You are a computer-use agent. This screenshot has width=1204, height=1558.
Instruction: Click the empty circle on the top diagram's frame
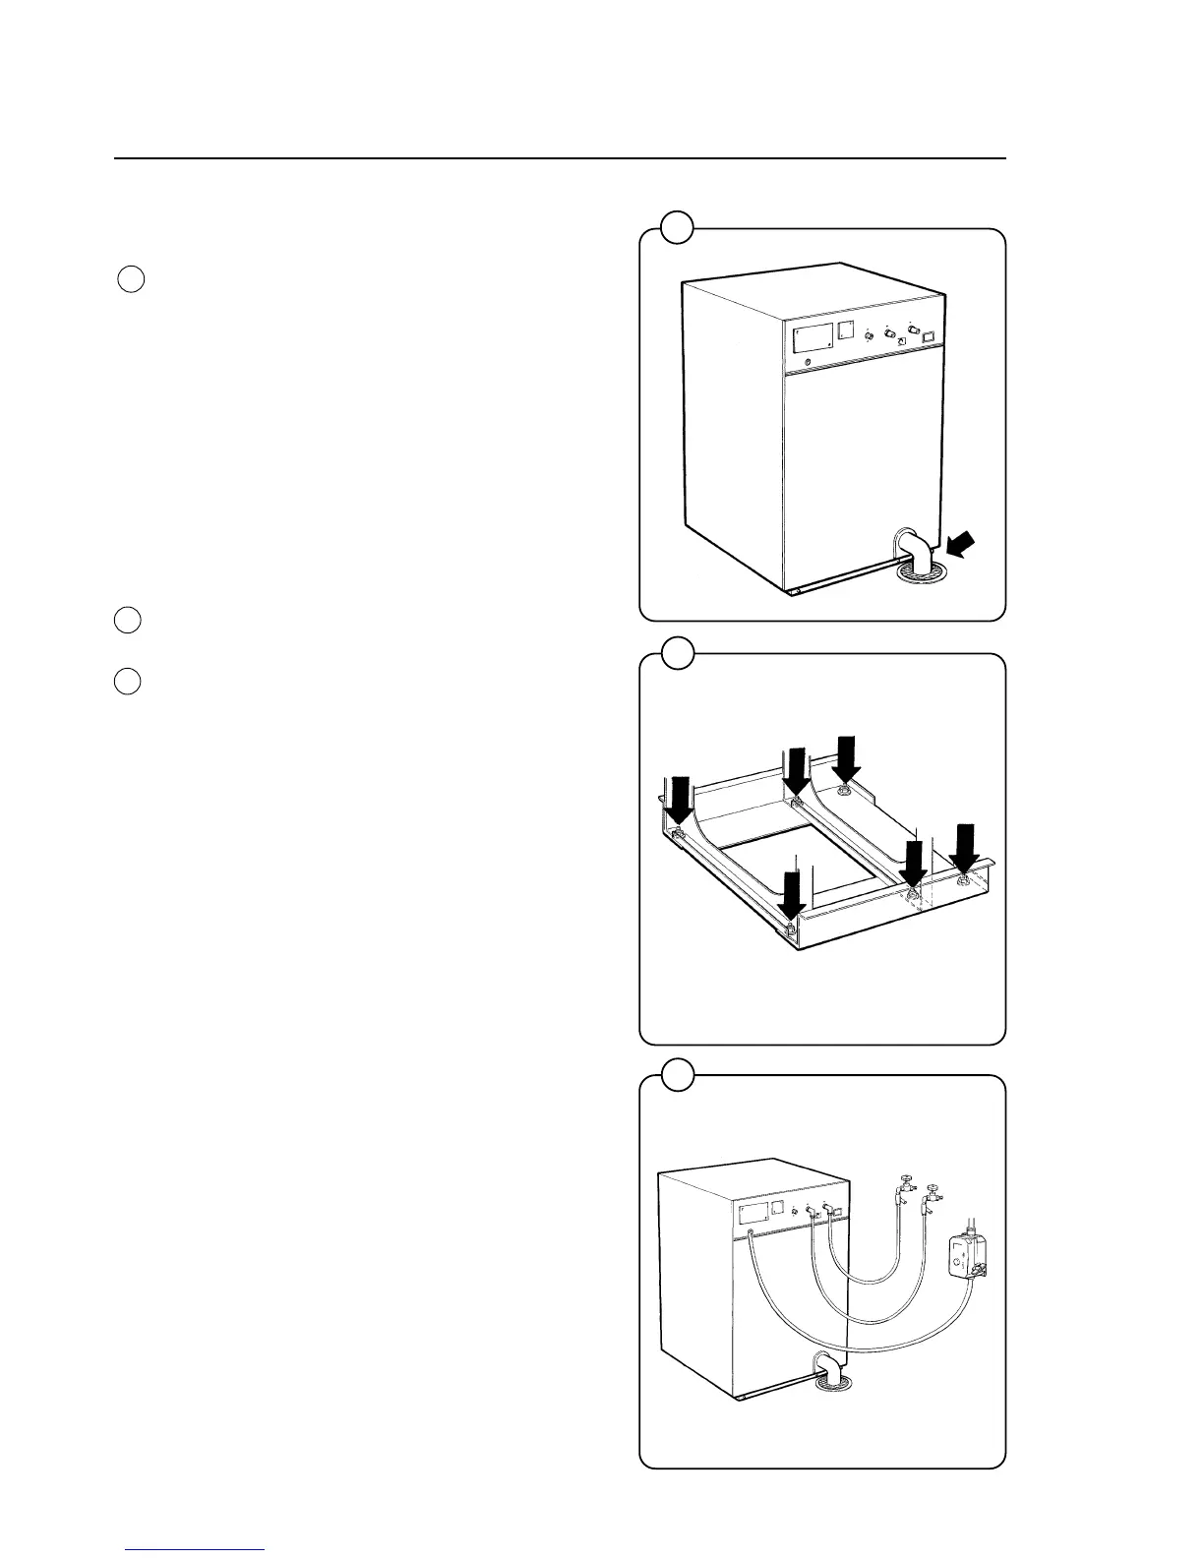pyautogui.click(x=676, y=228)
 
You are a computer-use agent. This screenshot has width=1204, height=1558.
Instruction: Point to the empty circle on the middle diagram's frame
pyautogui.click(x=676, y=651)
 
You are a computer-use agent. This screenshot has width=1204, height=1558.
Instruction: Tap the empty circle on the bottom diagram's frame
pyautogui.click(x=676, y=1074)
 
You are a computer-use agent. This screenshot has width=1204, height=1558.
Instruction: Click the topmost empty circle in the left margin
pyautogui.click(x=131, y=279)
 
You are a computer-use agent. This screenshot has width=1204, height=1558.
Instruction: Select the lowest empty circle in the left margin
pyautogui.click(x=126, y=681)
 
